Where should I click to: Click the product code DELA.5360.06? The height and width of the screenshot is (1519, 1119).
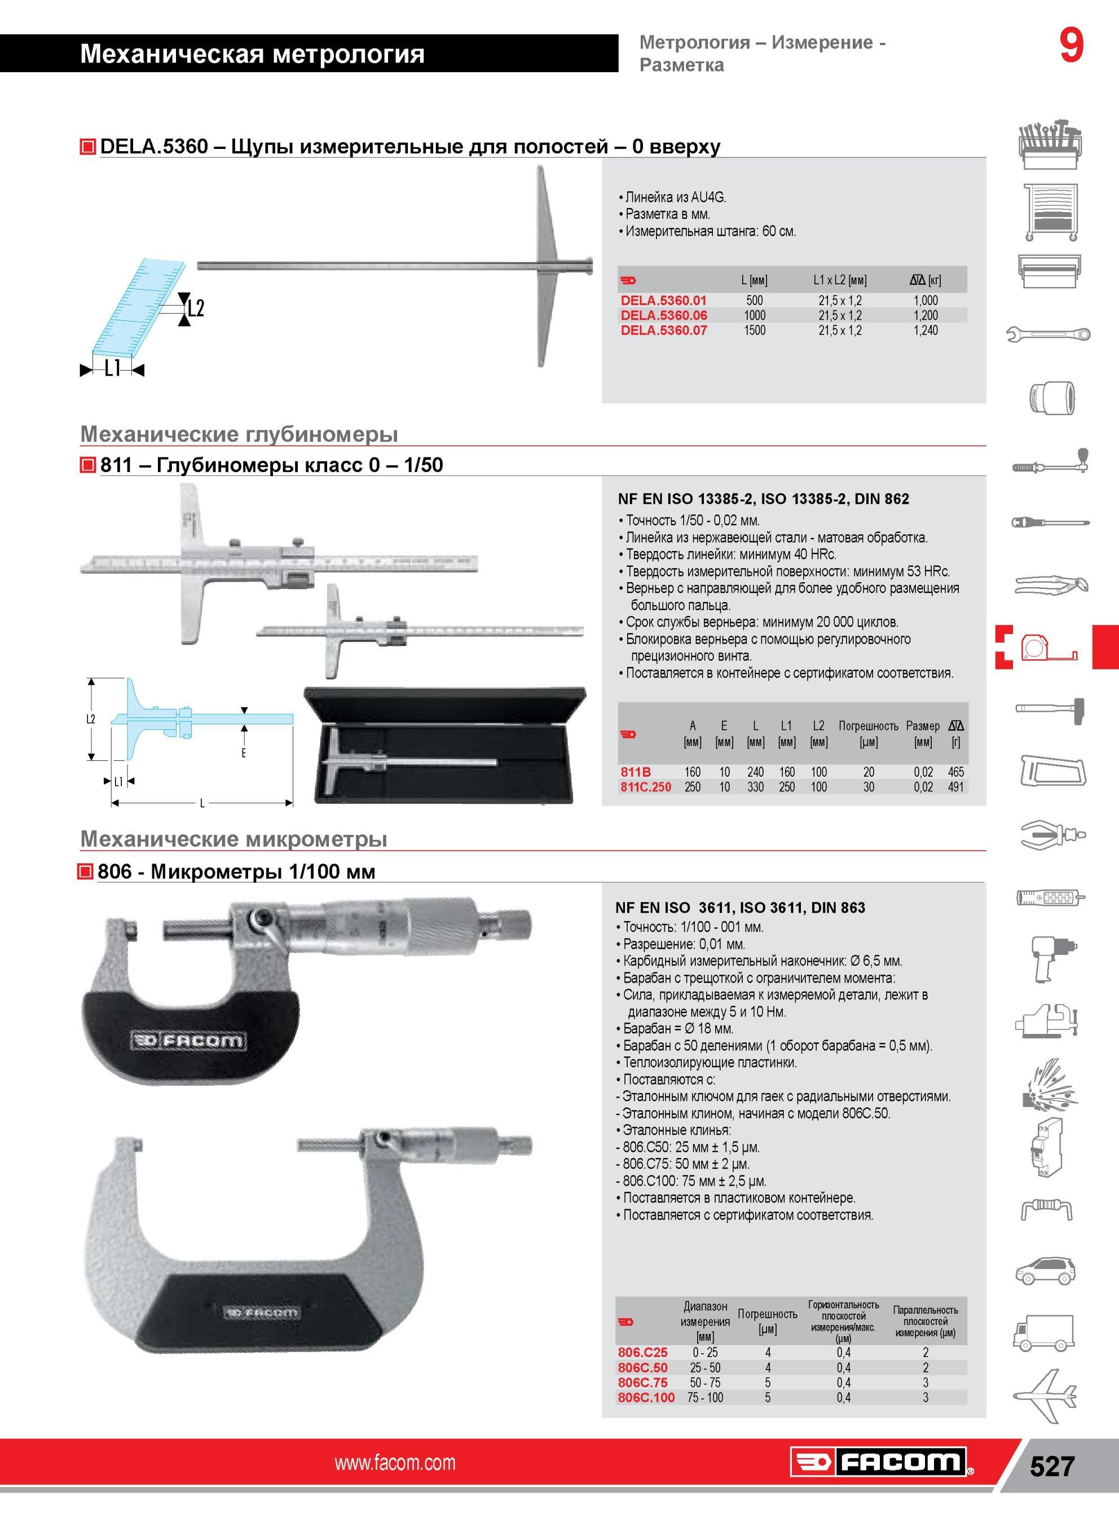tap(664, 315)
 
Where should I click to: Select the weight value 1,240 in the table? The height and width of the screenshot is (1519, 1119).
tap(926, 331)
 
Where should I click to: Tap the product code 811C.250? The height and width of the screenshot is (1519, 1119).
tap(646, 787)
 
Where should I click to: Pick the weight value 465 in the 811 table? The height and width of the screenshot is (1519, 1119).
tap(956, 772)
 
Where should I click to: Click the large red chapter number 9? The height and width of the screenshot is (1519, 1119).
tap(1072, 47)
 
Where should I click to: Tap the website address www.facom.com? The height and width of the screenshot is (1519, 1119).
tap(395, 1463)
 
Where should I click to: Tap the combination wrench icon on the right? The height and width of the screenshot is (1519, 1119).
tap(1048, 334)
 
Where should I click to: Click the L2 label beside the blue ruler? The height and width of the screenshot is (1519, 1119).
tap(196, 309)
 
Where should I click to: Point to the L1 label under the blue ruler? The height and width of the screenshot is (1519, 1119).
tap(112, 368)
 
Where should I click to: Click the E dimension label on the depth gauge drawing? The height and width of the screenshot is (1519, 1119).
tap(244, 752)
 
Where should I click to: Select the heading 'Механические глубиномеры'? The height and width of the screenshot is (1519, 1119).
tap(239, 434)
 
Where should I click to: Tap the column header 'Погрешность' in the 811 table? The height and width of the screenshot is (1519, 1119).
tap(869, 726)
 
